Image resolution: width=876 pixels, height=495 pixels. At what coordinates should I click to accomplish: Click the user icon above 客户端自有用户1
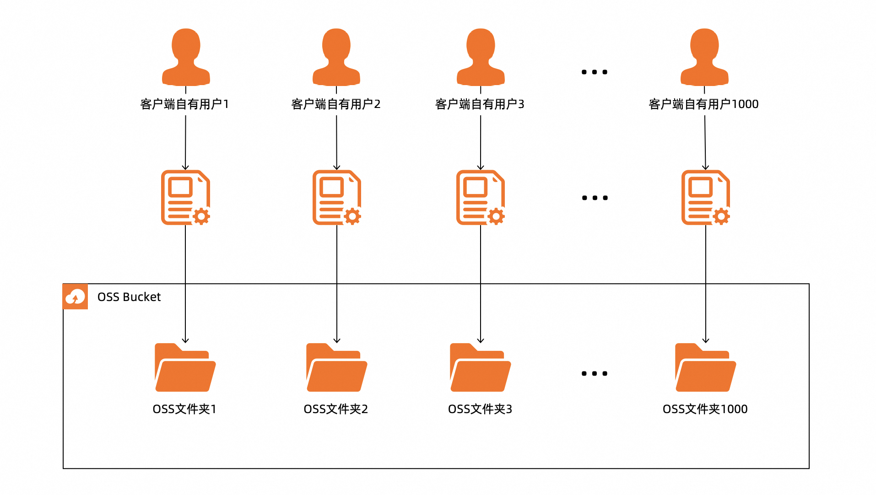(186, 57)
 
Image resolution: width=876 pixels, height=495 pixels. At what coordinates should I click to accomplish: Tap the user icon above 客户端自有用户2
(336, 57)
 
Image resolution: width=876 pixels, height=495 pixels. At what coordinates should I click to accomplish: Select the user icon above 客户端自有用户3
(481, 57)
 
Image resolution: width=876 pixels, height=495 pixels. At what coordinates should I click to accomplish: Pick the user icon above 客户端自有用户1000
(704, 57)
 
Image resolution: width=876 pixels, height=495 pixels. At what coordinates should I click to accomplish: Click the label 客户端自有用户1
(184, 104)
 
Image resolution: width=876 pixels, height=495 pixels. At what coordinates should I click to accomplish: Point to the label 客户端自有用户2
(336, 104)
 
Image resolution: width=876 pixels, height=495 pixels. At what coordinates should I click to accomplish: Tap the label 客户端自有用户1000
(703, 104)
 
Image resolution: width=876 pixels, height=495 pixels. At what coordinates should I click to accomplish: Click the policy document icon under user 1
(185, 198)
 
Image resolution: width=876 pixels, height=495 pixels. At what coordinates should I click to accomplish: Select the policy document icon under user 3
(481, 198)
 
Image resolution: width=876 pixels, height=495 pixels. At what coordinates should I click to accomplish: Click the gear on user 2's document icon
(352, 216)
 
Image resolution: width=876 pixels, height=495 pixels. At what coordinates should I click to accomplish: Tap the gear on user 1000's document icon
(721, 216)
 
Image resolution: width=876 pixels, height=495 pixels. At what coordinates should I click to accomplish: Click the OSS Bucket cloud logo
(75, 296)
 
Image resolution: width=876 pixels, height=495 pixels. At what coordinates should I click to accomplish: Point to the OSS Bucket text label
(129, 297)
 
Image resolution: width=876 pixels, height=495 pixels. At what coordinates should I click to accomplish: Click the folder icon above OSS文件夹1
(185, 367)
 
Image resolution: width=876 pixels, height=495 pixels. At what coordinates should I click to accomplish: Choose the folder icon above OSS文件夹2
(337, 367)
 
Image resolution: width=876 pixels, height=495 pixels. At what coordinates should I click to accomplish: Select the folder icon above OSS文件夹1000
(706, 367)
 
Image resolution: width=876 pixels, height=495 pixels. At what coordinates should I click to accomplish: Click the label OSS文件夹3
(480, 409)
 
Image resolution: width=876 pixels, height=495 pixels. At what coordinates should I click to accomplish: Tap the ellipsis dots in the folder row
(595, 374)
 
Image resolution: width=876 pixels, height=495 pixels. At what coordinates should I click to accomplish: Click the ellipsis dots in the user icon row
(595, 72)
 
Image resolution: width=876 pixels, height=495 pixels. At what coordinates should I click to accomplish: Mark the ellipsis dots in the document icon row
(595, 198)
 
